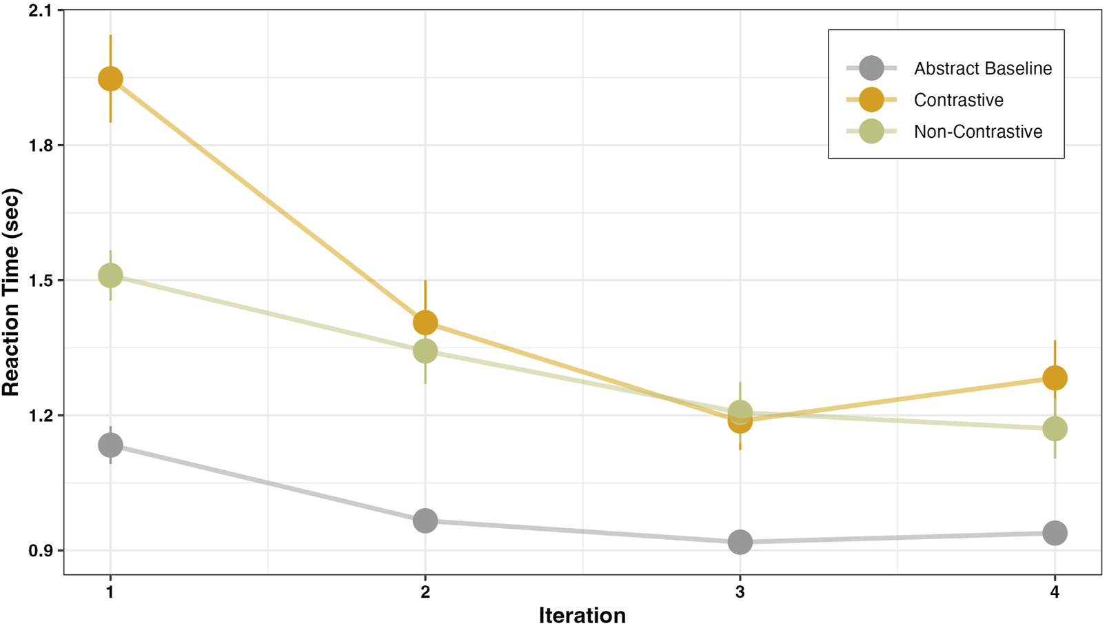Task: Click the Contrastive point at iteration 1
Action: [110, 79]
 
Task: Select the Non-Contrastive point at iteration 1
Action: [110, 276]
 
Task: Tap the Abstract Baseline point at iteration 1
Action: [110, 445]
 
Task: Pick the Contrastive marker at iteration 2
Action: [425, 322]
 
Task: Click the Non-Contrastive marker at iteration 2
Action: [425, 351]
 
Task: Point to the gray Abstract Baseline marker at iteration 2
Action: [425, 521]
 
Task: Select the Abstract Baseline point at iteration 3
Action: [740, 542]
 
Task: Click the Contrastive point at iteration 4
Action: [1055, 378]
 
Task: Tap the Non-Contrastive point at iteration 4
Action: [1055, 429]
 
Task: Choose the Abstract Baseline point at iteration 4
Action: [1055, 533]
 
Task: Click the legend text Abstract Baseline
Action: [982, 68]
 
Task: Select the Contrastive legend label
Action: [958, 100]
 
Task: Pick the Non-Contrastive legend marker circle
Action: [871, 131]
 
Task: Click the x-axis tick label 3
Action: [740, 592]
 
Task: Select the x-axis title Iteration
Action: [582, 614]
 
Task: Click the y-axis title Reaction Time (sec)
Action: [11, 292]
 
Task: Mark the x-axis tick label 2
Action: [425, 592]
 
